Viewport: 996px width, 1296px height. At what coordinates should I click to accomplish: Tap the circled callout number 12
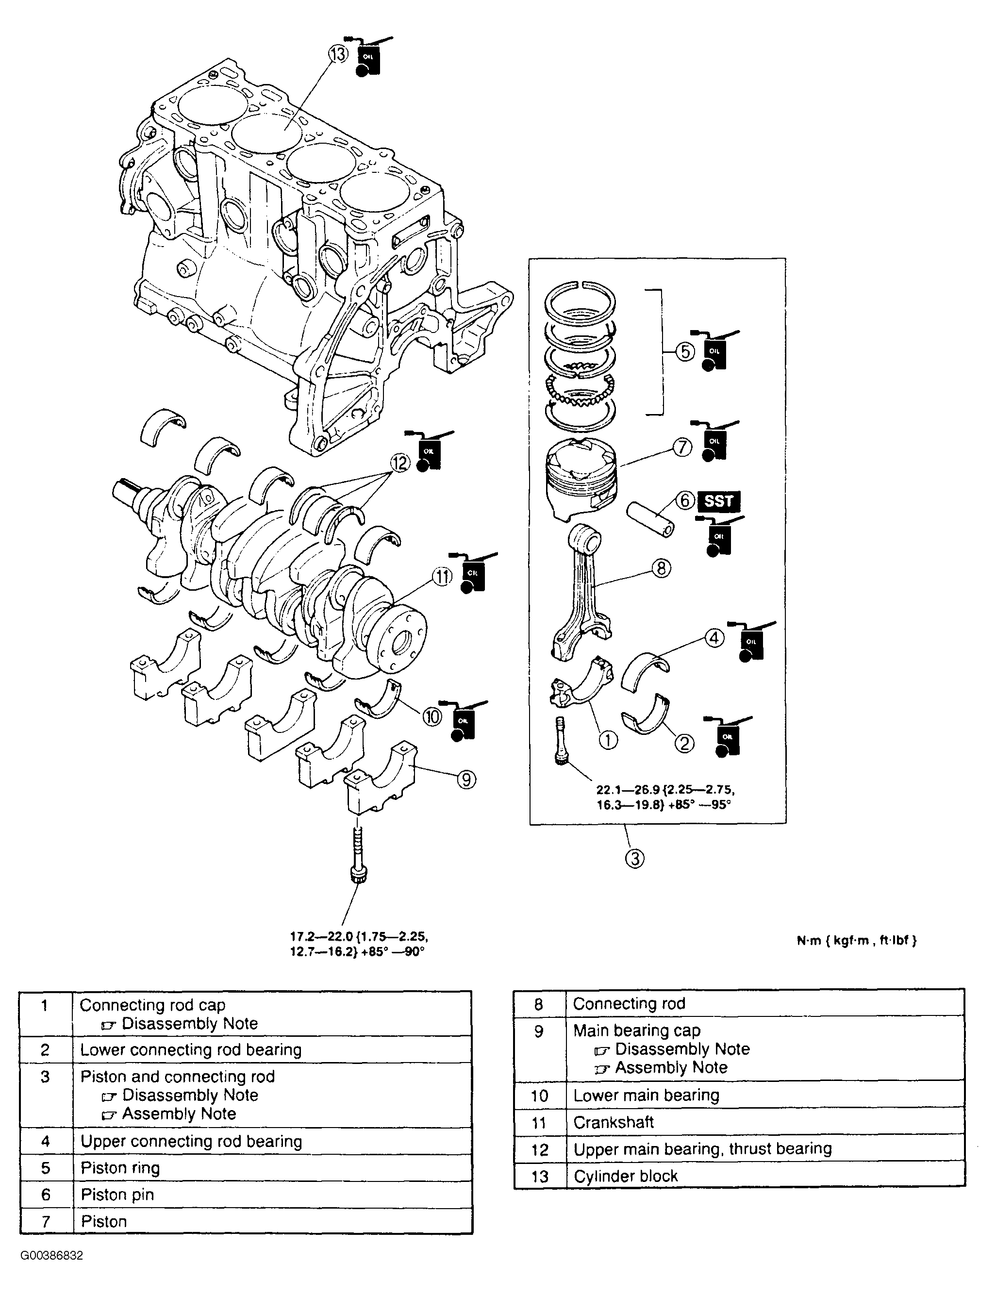click(x=400, y=463)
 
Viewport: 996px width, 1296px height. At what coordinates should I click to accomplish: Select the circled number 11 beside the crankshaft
click(x=442, y=576)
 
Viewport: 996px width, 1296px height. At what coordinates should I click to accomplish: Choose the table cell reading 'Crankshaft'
click(x=613, y=1122)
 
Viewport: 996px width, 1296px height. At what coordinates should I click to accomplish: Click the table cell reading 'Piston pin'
click(x=117, y=1195)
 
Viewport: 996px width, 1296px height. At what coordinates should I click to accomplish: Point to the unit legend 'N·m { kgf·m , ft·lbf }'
click(x=856, y=940)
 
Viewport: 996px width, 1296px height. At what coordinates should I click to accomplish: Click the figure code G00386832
click(x=51, y=1256)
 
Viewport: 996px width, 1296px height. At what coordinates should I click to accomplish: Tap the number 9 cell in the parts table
click(x=538, y=1031)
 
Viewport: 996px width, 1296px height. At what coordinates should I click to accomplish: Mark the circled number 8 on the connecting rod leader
click(x=661, y=568)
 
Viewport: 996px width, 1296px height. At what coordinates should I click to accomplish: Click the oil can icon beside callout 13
click(x=367, y=58)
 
